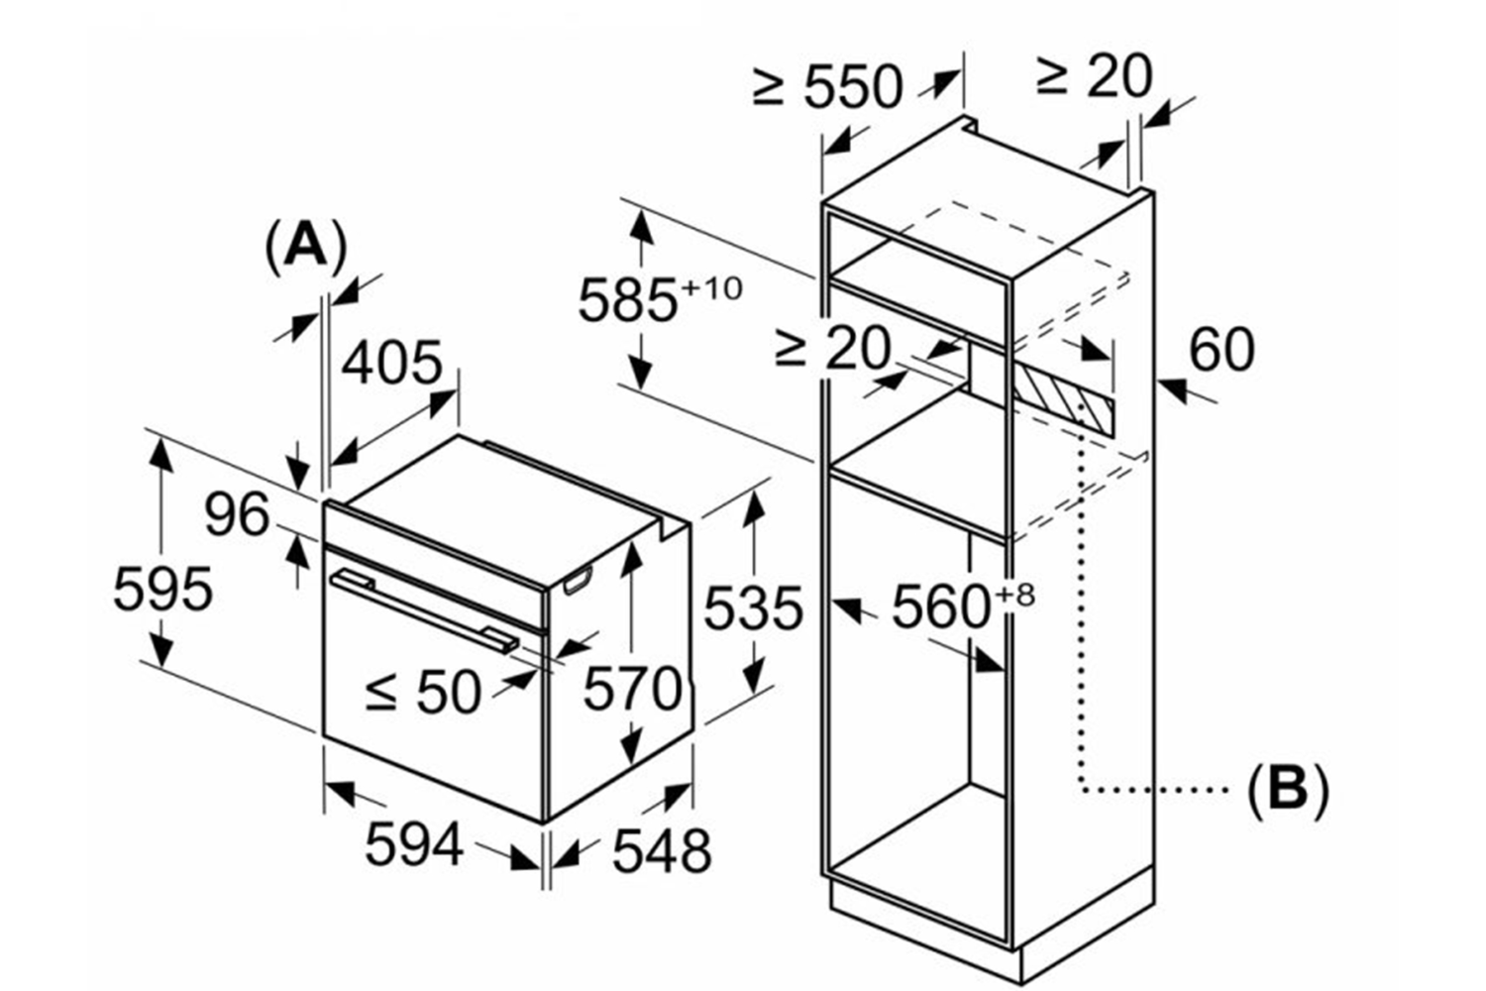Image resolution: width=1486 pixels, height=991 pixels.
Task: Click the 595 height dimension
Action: (x=163, y=589)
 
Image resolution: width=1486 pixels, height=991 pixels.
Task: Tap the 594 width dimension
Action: (x=414, y=843)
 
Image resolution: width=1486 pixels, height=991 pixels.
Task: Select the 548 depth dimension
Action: (x=662, y=851)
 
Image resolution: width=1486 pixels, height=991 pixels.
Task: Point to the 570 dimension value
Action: (x=632, y=690)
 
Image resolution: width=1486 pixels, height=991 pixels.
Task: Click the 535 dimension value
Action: (x=753, y=608)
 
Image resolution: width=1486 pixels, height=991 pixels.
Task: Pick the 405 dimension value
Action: (x=392, y=363)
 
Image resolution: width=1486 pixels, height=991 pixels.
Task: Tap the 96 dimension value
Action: (x=237, y=514)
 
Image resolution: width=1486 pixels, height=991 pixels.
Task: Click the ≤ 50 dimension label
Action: (x=423, y=691)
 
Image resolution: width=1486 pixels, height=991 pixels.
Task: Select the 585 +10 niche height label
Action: (x=660, y=298)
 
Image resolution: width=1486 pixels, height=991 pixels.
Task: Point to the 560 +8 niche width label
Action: (x=963, y=606)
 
